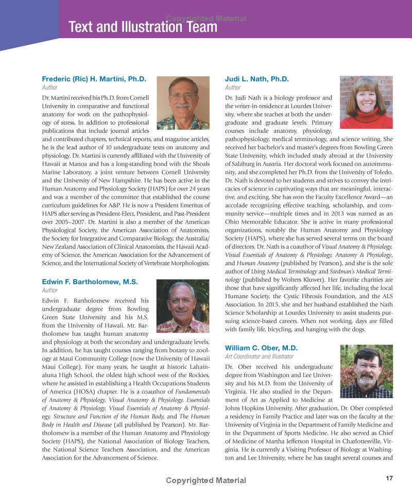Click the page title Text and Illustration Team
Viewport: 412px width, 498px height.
point(143,27)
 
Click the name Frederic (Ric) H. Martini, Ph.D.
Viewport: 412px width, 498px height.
point(94,79)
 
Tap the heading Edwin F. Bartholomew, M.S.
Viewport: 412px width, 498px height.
point(90,282)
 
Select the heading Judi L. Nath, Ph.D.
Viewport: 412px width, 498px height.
point(257,79)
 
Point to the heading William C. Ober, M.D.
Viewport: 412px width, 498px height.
point(261,348)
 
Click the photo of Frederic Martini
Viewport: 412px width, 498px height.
point(183,102)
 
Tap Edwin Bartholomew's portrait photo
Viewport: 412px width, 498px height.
point(182,306)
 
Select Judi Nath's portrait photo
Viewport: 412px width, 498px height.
point(366,102)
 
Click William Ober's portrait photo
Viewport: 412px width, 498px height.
point(366,371)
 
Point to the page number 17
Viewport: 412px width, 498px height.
point(389,478)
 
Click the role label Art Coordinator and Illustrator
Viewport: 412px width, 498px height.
point(259,356)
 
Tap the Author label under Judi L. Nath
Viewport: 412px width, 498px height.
point(233,88)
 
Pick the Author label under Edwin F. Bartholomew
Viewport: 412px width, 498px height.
point(50,290)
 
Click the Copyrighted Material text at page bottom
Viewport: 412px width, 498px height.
point(205,480)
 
